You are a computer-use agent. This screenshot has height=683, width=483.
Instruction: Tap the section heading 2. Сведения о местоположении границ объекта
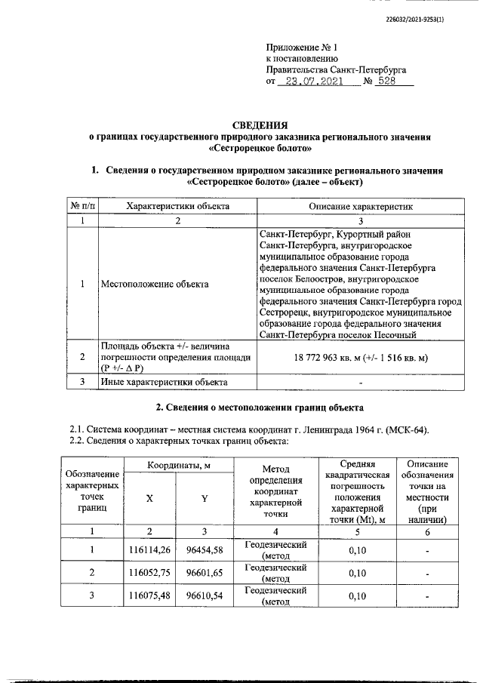pyautogui.click(x=260, y=408)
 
